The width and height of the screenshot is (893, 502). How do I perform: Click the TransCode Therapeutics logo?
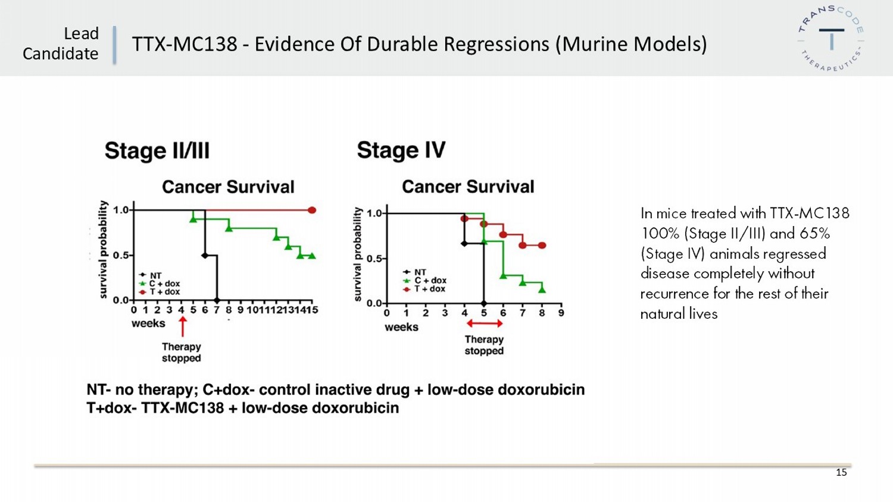[831, 39]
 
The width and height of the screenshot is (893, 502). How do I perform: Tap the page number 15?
[841, 472]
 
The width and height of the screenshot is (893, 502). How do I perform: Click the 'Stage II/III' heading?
[157, 151]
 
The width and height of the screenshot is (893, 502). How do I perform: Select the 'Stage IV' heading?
[401, 150]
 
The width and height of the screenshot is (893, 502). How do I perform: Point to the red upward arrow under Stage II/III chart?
[182, 327]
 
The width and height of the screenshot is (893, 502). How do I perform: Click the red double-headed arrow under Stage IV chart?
[484, 324]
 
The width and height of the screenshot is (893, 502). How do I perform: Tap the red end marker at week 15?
[312, 210]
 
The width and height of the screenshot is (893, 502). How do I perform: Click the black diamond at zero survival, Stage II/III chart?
[217, 300]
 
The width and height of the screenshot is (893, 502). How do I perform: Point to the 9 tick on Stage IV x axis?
[561, 313]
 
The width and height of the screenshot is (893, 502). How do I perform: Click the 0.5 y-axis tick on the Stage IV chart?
[374, 259]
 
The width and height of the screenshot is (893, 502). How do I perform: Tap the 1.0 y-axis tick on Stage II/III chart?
[121, 210]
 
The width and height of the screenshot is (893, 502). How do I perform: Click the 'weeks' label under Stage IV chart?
[401, 327]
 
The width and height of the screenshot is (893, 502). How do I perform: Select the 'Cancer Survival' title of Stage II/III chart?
[228, 187]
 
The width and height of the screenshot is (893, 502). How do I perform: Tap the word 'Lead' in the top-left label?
[81, 34]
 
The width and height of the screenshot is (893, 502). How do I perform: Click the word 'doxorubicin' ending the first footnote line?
[541, 390]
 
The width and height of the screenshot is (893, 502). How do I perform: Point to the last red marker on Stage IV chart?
[542, 245]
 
